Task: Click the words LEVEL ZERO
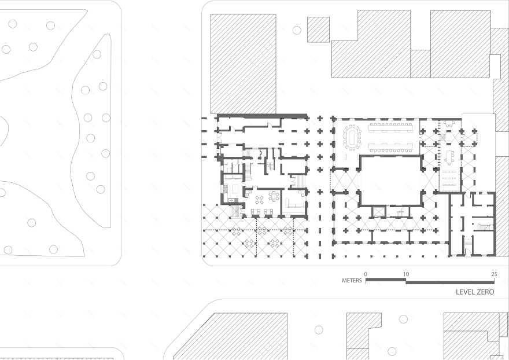point(474,292)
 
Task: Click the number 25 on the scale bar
point(493,274)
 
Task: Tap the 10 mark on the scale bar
point(406,274)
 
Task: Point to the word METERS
point(352,281)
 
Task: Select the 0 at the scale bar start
point(366,274)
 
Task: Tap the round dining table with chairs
point(274,196)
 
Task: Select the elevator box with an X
point(378,211)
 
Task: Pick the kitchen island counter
point(235,189)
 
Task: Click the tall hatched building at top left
point(243,63)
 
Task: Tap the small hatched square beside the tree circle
point(318,29)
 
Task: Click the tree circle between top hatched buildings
point(297,30)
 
